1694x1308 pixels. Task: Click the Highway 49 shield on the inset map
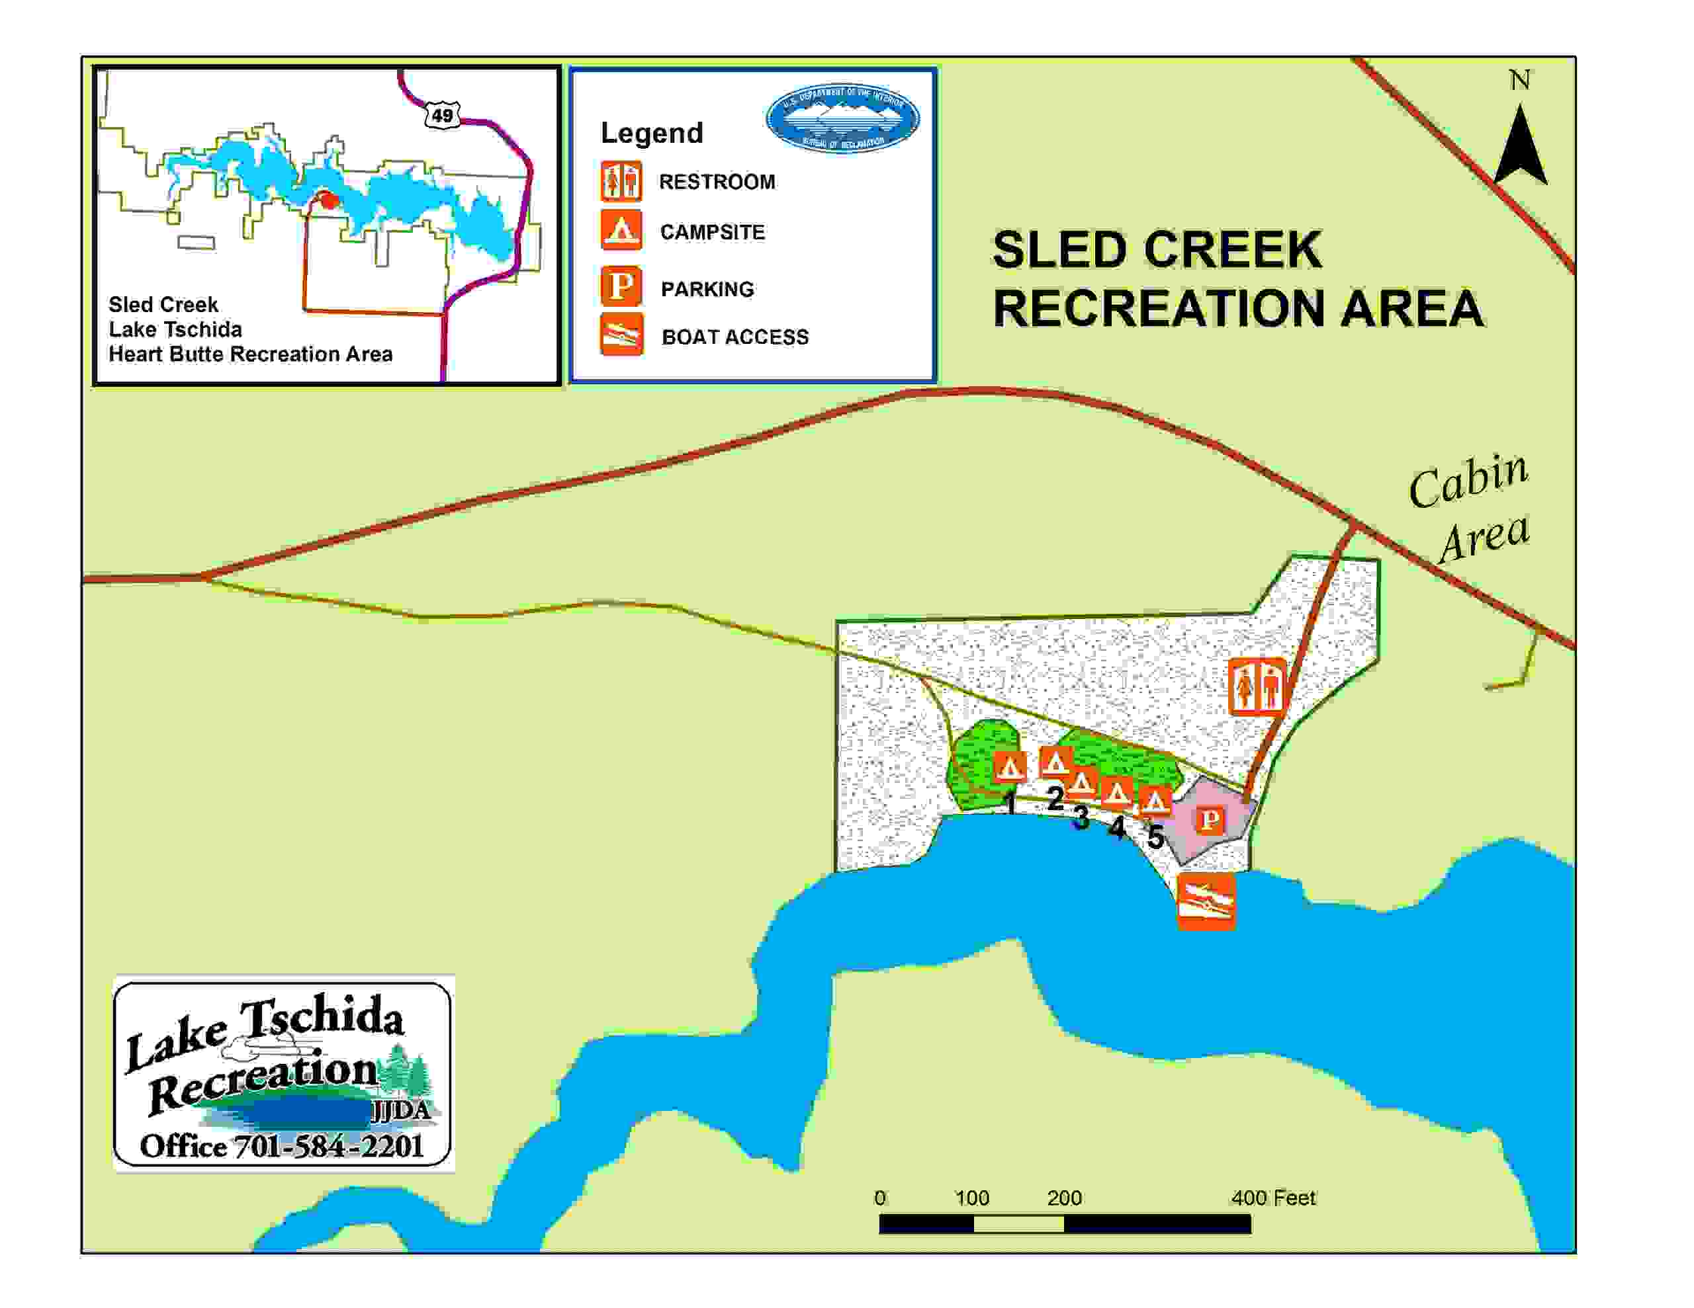[442, 116]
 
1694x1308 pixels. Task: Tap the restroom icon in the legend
[621, 181]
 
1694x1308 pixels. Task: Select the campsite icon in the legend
[621, 230]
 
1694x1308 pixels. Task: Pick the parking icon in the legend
[621, 286]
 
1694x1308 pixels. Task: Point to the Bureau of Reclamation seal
[842, 118]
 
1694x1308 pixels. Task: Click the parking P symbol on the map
[1209, 819]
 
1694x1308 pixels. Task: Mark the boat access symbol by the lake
[1206, 902]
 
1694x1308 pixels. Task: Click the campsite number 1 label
[1009, 803]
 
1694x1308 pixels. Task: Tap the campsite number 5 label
[1155, 837]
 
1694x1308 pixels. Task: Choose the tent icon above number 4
[1117, 792]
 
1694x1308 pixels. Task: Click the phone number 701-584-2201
[328, 1146]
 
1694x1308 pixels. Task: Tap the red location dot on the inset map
[330, 201]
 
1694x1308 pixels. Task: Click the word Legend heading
[652, 134]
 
